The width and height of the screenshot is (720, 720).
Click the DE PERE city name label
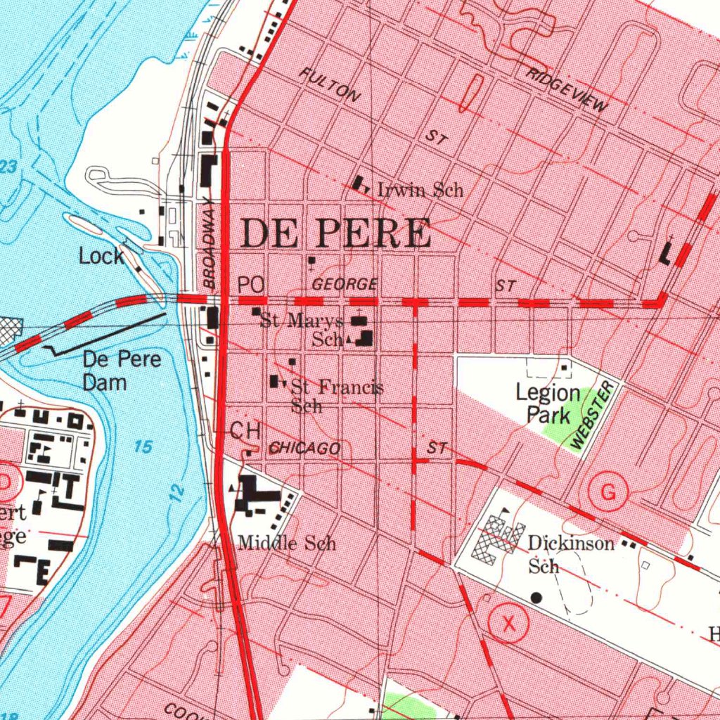(x=335, y=233)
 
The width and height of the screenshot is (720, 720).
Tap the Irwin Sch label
(x=420, y=190)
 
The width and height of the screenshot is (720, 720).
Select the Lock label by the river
(x=101, y=257)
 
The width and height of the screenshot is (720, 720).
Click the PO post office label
(x=250, y=285)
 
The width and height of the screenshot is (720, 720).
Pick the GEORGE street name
(x=345, y=285)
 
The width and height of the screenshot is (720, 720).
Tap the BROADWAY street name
(x=209, y=243)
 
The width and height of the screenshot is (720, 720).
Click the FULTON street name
(x=330, y=85)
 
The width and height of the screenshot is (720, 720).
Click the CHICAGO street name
(x=305, y=449)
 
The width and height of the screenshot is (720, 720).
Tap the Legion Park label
(x=548, y=404)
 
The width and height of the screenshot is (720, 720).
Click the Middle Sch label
(x=286, y=543)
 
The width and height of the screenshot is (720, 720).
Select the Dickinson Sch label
(x=570, y=554)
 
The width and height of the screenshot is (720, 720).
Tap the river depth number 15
(x=143, y=446)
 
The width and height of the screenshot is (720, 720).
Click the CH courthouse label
(x=246, y=431)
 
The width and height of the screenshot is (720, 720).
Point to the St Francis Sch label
(x=336, y=395)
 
